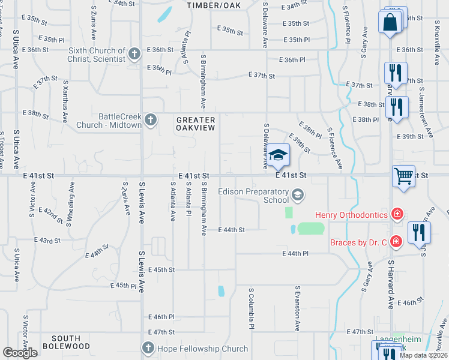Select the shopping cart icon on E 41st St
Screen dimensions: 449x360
404,177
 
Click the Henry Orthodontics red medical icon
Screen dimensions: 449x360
396,214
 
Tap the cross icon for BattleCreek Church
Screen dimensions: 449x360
150,120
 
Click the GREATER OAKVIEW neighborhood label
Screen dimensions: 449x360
196,124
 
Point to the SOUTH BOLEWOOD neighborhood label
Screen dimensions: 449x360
71,343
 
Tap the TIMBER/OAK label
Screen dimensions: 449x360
212,5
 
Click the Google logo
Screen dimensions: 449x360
20,353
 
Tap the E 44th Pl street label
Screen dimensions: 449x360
296,254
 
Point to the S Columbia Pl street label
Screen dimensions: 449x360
252,307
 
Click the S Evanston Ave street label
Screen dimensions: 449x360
297,308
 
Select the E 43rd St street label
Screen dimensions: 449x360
49,241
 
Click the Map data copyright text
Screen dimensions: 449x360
423,355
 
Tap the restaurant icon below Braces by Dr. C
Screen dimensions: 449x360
418,233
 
